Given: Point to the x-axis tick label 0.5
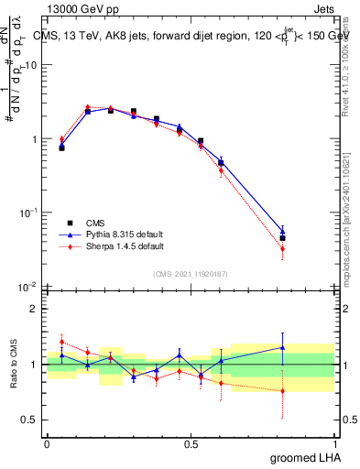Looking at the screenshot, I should click(190, 442).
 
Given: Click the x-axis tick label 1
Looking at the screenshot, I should click(335, 442).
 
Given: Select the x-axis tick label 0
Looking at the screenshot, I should click(47, 442).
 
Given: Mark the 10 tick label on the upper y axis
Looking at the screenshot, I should click(31, 66).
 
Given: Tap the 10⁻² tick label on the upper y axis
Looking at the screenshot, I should click(28, 287).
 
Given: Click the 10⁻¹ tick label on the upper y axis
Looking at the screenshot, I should click(28, 213).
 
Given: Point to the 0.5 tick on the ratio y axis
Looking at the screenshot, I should click(30, 420).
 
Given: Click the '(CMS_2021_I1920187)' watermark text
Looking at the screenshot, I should click(191, 274).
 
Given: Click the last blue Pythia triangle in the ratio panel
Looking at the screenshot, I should click(283, 347).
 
